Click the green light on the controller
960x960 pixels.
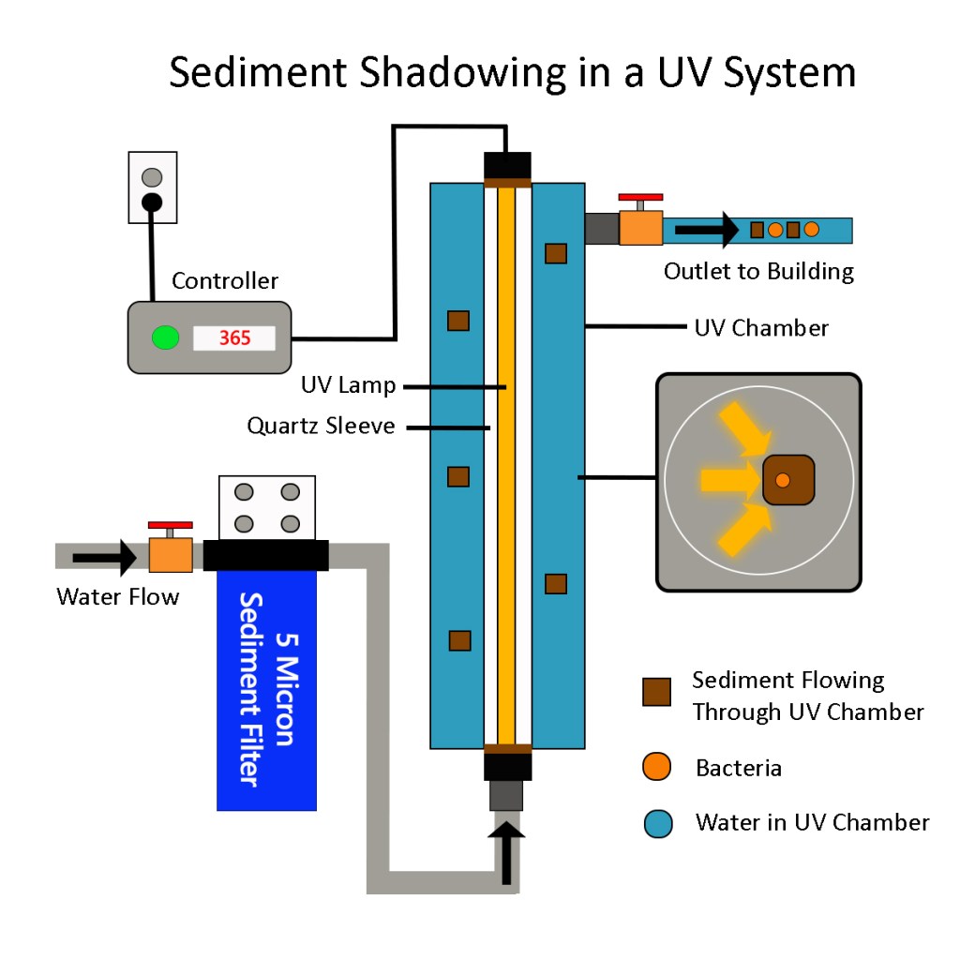pos(166,337)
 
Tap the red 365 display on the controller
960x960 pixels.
pos(234,337)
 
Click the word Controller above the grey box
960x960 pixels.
pos(225,280)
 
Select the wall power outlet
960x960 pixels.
pos(152,188)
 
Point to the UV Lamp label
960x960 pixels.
pos(348,385)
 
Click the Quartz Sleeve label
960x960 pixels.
pos(321,427)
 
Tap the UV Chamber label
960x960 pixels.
pos(761,328)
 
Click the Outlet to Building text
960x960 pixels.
pos(758,272)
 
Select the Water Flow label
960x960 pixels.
pos(117,596)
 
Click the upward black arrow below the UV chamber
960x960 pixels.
pos(507,852)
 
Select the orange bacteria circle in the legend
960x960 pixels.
pos(656,768)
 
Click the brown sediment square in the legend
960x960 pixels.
pos(656,692)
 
